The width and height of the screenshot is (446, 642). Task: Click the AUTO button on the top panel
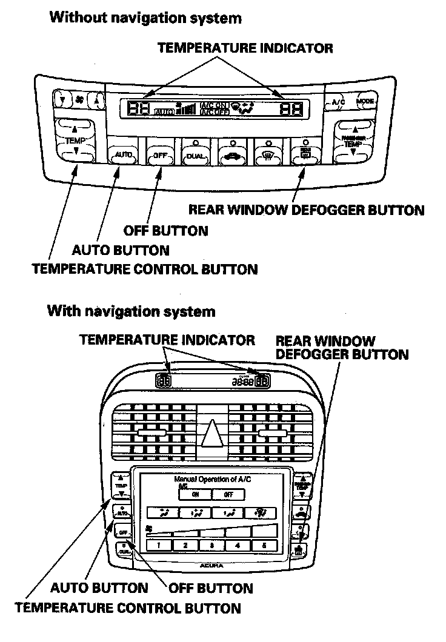tap(123, 156)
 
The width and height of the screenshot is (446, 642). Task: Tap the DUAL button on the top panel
tap(196, 156)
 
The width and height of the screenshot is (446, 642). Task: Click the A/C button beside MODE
tap(338, 102)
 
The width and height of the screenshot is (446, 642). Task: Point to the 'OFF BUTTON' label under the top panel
tap(165, 230)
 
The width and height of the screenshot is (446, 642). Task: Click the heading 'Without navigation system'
tap(145, 18)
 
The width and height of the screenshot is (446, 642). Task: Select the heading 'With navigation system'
tap(131, 312)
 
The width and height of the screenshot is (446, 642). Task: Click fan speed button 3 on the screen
tap(211, 544)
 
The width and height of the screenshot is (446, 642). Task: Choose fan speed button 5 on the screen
tap(264, 544)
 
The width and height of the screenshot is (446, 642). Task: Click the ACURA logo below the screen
tap(211, 565)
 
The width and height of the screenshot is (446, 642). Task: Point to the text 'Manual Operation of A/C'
tap(212, 479)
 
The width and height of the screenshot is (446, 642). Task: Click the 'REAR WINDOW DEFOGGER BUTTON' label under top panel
tap(306, 210)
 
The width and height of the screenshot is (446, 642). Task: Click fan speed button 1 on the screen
tap(159, 544)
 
